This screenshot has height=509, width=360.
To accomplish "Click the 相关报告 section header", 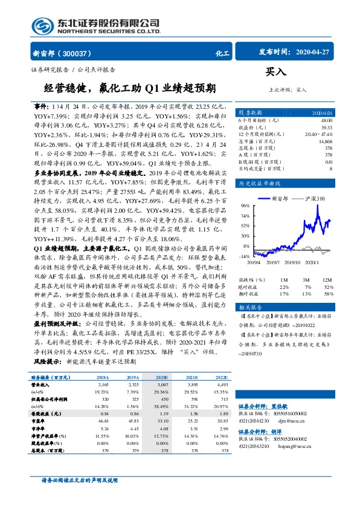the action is click(x=249, y=308).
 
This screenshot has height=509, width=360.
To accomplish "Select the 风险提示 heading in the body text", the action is click(x=47, y=361).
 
